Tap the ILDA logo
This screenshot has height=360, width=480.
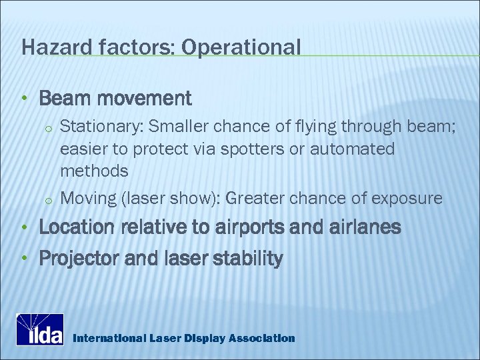40,329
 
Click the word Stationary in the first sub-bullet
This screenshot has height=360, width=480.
101,125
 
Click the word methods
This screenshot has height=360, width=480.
94,171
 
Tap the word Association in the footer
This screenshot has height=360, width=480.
261,338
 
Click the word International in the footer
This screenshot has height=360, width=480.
107,338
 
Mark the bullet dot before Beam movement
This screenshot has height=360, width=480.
24,99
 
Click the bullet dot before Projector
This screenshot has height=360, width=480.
24,259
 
